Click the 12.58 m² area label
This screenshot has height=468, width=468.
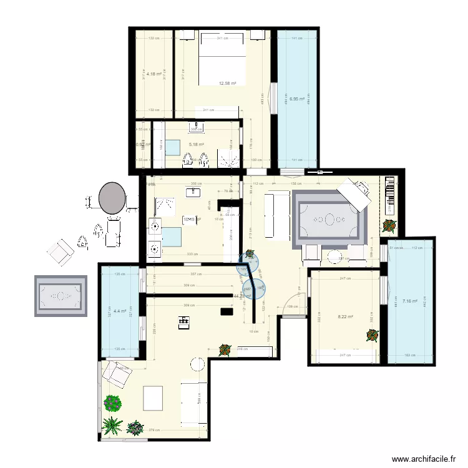pos(227,83)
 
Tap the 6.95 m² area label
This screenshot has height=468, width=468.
pos(297,99)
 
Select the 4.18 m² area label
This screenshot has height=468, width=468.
pos(154,74)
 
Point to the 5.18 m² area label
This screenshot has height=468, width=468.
pos(197,144)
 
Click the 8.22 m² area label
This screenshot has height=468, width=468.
pos(345,316)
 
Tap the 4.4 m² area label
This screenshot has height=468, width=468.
pos(120,310)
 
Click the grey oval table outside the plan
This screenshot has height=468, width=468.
pos(112,198)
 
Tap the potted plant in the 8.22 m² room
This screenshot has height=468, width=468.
pos(372,336)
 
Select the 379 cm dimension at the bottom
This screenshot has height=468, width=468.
pos(154,429)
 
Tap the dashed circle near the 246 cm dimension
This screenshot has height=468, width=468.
pos(198,364)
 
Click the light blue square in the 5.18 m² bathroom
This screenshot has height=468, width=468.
pos(171,148)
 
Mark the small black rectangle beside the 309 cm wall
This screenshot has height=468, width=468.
pos(225,311)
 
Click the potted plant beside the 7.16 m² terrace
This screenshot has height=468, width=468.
pos(389,225)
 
